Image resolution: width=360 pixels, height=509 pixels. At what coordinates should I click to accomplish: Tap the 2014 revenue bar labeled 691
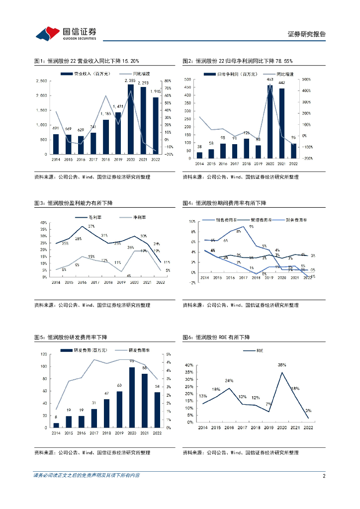[56, 144]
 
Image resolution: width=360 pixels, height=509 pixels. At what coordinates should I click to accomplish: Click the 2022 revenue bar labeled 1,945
[155, 126]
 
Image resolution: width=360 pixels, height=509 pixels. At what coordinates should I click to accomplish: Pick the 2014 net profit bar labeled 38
[199, 155]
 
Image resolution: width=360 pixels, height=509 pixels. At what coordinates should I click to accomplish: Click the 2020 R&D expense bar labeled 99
[132, 397]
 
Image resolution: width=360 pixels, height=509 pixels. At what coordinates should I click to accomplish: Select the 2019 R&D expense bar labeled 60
[119, 409]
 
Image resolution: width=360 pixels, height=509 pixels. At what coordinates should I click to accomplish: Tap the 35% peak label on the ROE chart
[282, 365]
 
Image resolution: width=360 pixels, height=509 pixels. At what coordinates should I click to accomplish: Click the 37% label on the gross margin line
[91, 227]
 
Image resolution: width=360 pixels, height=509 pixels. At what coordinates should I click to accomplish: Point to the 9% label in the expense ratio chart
[251, 227]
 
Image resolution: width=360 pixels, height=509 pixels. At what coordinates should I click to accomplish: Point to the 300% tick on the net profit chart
[306, 80]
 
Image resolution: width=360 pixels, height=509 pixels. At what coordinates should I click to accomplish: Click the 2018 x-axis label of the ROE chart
[255, 427]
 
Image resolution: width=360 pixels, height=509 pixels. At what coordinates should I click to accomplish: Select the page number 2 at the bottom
[324, 476]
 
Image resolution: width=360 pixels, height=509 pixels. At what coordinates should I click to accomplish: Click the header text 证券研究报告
[307, 34]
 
